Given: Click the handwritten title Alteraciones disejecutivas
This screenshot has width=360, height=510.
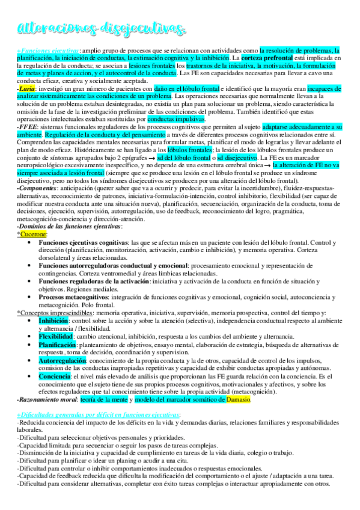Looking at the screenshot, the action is click(102, 26).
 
